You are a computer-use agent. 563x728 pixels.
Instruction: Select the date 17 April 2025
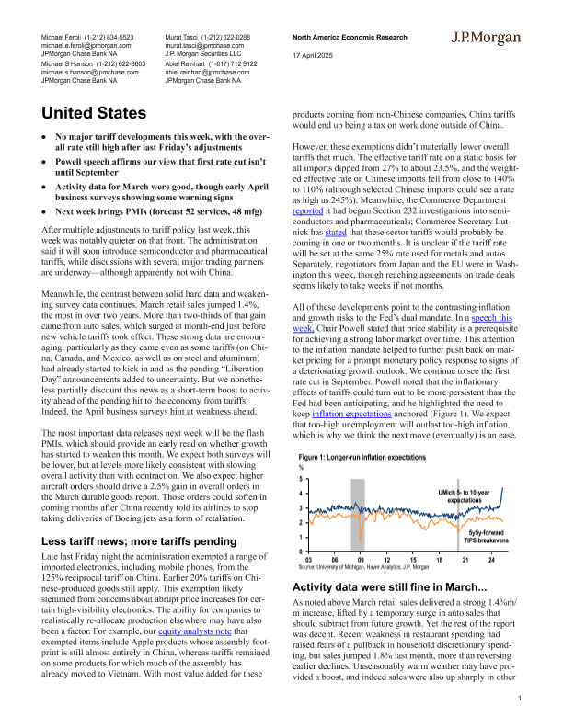click(x=312, y=54)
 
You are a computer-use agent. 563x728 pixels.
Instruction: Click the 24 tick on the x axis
click(x=493, y=560)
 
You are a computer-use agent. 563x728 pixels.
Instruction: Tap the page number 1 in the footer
click(x=520, y=700)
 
